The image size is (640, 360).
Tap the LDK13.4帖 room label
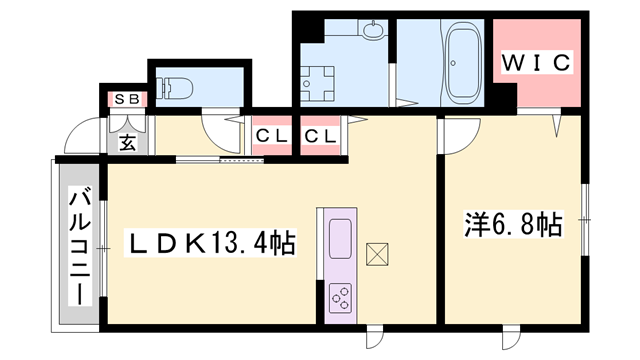[209, 243]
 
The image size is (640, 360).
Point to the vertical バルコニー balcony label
[77, 245]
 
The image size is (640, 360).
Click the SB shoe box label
[126, 99]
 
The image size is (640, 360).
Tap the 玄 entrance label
[128, 140]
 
